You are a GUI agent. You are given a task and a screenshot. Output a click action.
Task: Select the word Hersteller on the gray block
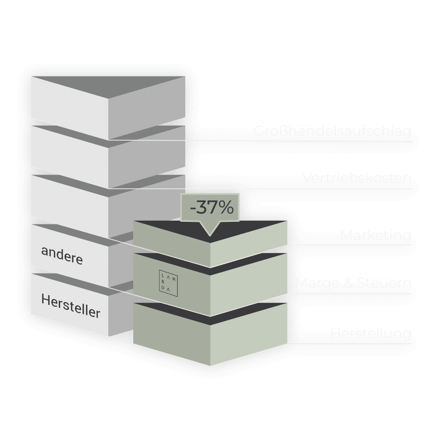click(x=70, y=309)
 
